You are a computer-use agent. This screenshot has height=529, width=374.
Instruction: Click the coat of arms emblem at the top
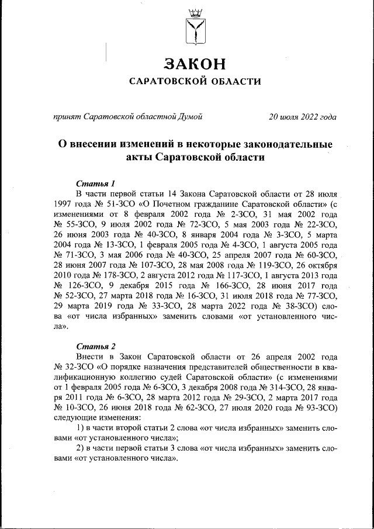(194, 27)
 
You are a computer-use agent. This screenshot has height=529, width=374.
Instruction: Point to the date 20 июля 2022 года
(303, 116)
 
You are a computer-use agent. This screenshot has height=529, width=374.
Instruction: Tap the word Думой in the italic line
(189, 116)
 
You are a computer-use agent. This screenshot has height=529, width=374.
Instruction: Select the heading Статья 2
(91, 346)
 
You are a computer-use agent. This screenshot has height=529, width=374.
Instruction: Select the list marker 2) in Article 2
(81, 449)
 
